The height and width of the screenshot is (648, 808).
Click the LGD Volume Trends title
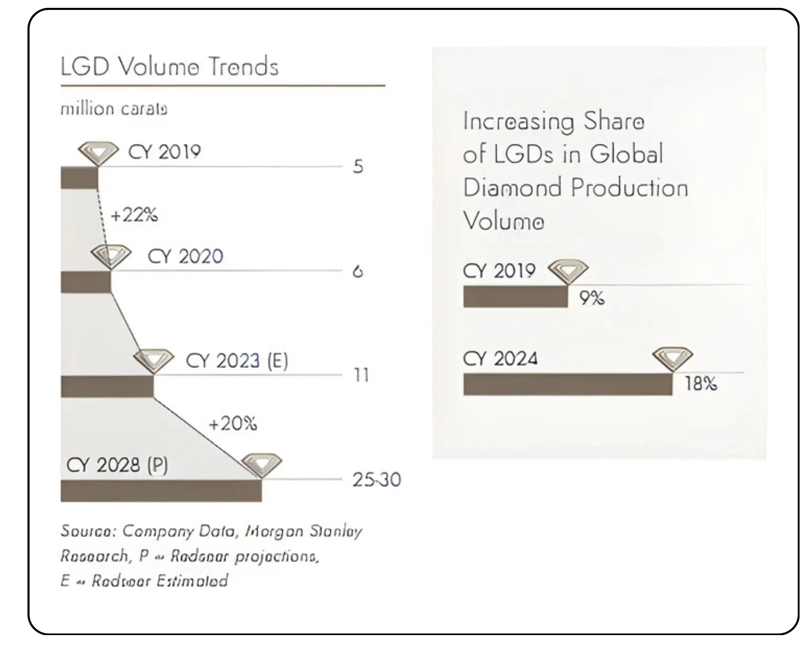click(x=169, y=66)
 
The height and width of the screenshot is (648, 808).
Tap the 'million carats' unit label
click(x=114, y=109)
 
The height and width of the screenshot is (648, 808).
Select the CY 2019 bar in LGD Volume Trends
click(x=79, y=178)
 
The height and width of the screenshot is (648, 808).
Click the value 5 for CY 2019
click(x=358, y=166)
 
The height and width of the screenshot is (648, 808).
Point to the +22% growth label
click(x=134, y=215)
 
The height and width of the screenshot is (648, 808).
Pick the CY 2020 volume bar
click(x=86, y=282)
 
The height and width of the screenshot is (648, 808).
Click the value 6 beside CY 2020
click(x=358, y=271)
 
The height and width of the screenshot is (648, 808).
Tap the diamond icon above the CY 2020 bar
click(x=111, y=256)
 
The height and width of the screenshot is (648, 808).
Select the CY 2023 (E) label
click(x=237, y=361)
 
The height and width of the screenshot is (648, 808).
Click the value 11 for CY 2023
click(x=361, y=375)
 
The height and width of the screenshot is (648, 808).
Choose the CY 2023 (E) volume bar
click(x=107, y=386)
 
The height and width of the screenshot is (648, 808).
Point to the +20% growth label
click(x=233, y=424)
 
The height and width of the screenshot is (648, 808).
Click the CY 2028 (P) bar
click(x=161, y=491)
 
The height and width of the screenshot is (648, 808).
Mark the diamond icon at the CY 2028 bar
click(x=261, y=464)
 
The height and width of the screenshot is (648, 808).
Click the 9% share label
click(x=592, y=298)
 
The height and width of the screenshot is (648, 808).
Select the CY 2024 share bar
click(x=568, y=384)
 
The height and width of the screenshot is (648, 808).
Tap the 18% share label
click(x=701, y=384)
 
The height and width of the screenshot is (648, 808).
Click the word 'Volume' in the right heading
click(x=504, y=221)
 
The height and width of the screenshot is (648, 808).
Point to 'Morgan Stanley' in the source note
click(x=304, y=531)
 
